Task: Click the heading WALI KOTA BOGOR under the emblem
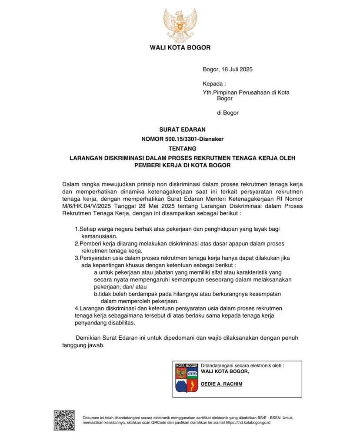[180, 47]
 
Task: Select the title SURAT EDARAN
[180, 129]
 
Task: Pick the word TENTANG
[180, 149]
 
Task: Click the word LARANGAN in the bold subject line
[87, 158]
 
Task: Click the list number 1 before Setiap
[76, 229]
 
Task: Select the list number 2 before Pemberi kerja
[76, 244]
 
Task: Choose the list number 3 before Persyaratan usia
[76, 258]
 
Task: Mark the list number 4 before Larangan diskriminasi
[76, 308]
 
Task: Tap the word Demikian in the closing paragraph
[89, 338]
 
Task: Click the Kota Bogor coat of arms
[187, 378]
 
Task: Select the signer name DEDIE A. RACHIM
[221, 384]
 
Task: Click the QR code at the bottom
[64, 420]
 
